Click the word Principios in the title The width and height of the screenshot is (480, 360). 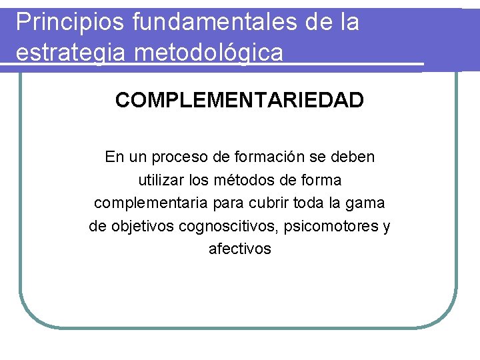point(69,23)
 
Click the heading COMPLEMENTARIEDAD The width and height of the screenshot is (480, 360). point(239,101)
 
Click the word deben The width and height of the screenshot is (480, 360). point(355,157)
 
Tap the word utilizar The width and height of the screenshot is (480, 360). point(160,180)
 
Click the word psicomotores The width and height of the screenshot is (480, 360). point(331,226)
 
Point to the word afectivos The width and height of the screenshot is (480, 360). point(240,249)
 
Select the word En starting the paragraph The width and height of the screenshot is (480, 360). point(115,157)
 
